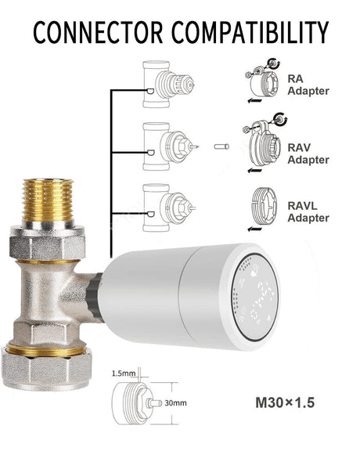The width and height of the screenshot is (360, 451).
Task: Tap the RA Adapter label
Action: pyautogui.click(x=308, y=85)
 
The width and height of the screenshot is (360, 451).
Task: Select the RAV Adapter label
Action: pyautogui.click(x=308, y=153)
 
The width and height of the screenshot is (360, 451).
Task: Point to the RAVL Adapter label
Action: pyautogui.click(x=308, y=211)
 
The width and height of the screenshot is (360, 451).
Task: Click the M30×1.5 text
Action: pyautogui.click(x=285, y=402)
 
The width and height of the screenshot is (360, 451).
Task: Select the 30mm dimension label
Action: pyautogui.click(x=175, y=403)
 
